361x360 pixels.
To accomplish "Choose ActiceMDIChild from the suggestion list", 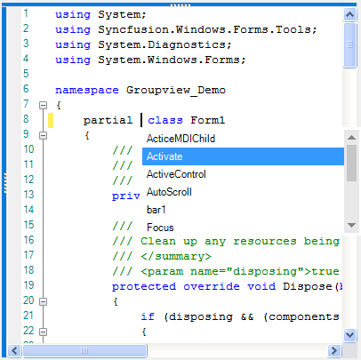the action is tap(180, 139).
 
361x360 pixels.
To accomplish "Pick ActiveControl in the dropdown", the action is tap(176, 174).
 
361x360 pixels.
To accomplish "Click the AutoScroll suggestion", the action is tap(169, 192).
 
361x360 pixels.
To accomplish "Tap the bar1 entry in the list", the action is tap(156, 210).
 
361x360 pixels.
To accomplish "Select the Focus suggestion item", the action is tap(160, 228).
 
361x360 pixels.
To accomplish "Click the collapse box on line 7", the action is tap(43, 105).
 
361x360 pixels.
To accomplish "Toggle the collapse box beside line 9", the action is tap(43, 135).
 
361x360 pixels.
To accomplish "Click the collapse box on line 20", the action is tap(43, 301).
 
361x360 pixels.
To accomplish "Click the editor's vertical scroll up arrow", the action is tap(350, 14).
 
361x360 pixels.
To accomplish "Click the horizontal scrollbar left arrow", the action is tap(14, 351).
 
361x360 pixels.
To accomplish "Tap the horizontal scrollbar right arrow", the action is tap(334, 351).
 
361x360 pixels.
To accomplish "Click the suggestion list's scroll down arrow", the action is tap(351, 225).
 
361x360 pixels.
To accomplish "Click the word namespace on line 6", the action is tap(87, 91).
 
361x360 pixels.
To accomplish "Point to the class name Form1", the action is tap(208, 120).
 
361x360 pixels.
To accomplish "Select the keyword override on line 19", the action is tap(212, 286).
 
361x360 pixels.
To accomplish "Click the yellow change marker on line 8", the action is tap(51, 120).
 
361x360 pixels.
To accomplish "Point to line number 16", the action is tap(28, 240).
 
